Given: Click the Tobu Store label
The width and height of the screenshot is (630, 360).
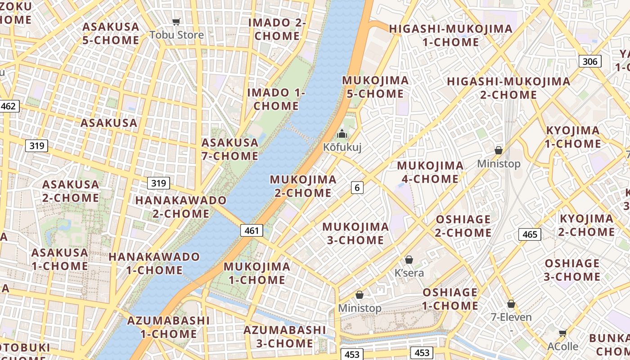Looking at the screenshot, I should coord(176,35).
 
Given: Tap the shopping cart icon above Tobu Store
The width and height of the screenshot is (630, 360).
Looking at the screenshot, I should coord(176,22).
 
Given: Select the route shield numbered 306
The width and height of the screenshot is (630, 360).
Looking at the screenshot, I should coord(589,61).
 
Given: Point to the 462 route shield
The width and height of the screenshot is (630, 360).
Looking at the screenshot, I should coord(9,106).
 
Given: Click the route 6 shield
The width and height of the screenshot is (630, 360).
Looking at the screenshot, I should coord(357,188).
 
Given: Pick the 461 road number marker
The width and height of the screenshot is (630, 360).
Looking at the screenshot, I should coord(251,230).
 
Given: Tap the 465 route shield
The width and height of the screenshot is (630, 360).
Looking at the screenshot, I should coord(530,234).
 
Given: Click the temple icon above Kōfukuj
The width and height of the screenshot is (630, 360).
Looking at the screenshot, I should coord(342,134).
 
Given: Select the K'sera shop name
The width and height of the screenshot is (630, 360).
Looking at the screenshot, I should coord(409,273).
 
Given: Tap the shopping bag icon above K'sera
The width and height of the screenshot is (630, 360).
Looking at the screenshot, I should coord(409,260).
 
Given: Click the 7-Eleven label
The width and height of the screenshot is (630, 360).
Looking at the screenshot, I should coord(511,317).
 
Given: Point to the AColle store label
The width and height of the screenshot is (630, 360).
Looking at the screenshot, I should coord(562,346).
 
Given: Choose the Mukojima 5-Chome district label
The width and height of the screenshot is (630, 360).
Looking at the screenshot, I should coord(375,87).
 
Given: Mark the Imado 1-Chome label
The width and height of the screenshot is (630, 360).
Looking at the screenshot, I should coord(276,99).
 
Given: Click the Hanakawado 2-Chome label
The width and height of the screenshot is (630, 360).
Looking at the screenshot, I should coord(181,207).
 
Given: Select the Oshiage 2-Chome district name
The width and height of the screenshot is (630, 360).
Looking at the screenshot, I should coord(463,226).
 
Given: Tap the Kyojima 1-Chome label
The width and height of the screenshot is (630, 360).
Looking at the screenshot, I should coord(573,137).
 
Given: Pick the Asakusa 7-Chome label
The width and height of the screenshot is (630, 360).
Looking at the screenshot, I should coord(230,149).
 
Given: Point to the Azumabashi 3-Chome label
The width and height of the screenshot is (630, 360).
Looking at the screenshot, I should coord(284,336).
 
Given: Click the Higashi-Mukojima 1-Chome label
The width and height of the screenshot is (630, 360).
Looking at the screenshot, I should coord(450,35).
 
